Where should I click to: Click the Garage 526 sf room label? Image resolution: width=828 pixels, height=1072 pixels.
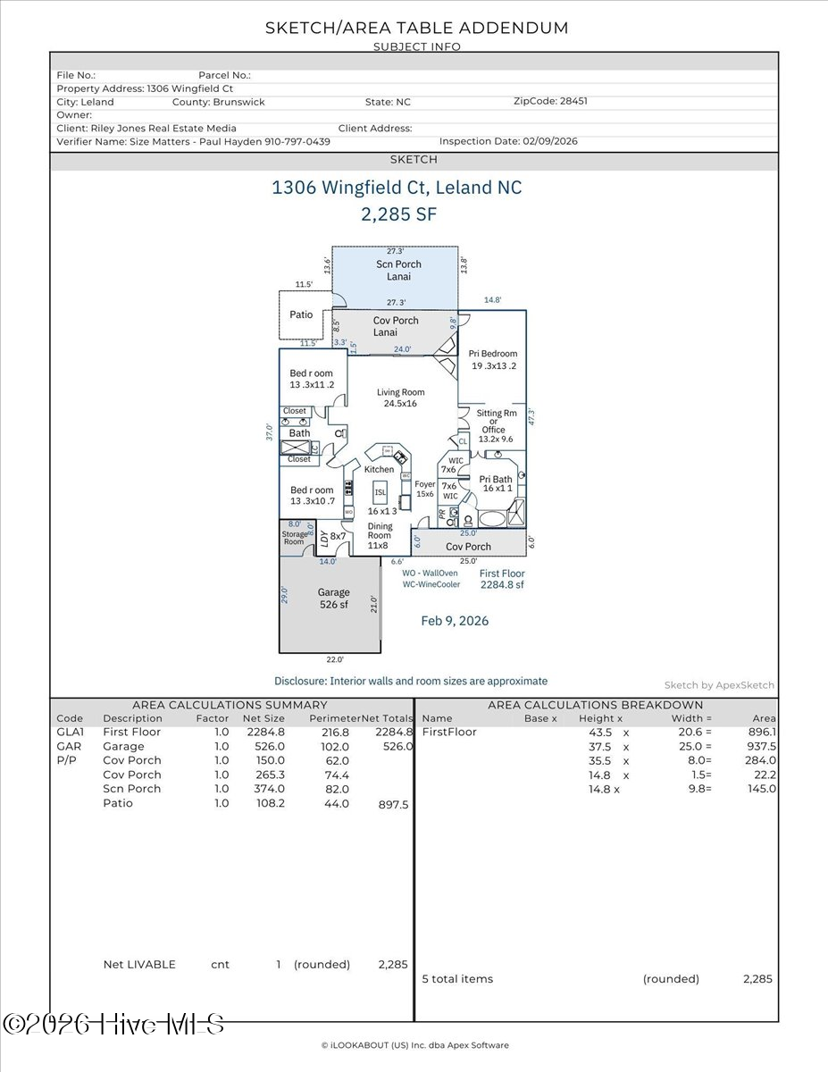pos(334,599)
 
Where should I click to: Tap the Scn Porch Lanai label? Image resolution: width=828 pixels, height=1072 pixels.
pos(398,270)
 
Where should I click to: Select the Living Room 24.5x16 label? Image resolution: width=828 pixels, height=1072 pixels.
pos(400,398)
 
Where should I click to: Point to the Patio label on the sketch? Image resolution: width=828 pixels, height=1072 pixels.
pos(302,314)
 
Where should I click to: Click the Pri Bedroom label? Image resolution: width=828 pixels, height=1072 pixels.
pos(493,359)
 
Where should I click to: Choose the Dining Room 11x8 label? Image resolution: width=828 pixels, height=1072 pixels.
pos(380,536)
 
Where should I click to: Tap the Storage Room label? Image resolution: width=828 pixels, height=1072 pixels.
pos(294,538)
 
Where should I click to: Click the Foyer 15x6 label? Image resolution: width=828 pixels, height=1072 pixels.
pos(425,489)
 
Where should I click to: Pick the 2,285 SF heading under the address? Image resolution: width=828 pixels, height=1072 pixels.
pos(398,214)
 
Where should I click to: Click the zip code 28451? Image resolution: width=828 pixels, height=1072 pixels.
pos(573,102)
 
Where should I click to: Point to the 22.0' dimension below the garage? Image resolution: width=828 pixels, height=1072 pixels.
pos(334,659)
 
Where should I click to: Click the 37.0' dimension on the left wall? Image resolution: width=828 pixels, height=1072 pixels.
pos(268,432)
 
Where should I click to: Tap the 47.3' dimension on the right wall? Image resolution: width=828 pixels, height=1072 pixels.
pos(531,417)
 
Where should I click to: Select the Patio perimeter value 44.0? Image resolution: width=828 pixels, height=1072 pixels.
pos(338,803)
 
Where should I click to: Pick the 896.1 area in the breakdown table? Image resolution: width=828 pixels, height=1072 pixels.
pos(764,732)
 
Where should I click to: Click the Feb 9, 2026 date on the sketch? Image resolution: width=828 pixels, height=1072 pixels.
pos(455,621)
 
